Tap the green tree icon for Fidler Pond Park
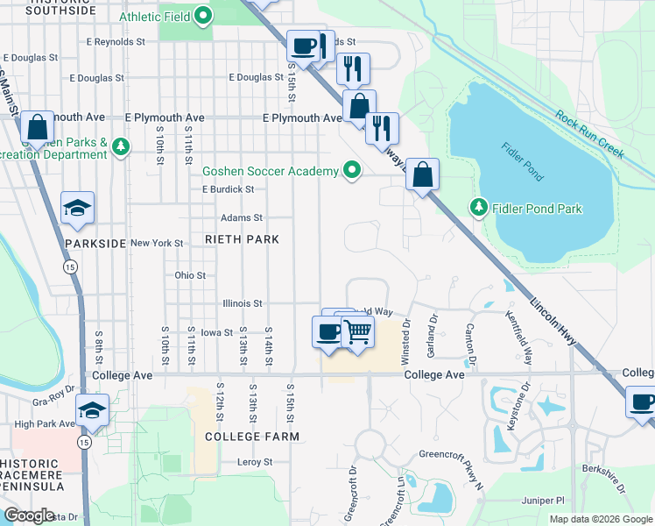pos(479,208)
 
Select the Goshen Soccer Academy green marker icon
pos(352,170)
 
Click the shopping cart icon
pos(356,332)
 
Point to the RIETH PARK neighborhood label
pos(242,239)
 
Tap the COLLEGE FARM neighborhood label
pos(252,436)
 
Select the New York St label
pos(157,243)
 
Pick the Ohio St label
pos(190,274)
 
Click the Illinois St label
pos(241,303)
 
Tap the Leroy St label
pos(255,462)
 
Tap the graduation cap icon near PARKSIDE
pos(78,208)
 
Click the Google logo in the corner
pos(30,515)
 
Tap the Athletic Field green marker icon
pos(203,15)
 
